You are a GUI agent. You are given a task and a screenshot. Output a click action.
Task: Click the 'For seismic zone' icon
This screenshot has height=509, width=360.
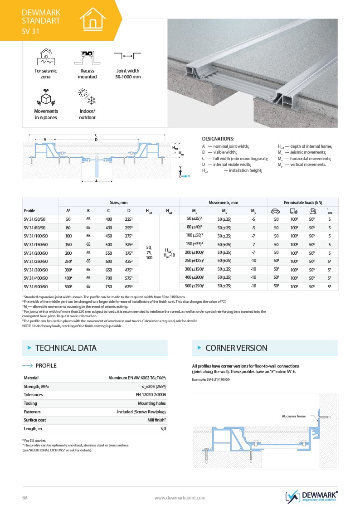[46, 57]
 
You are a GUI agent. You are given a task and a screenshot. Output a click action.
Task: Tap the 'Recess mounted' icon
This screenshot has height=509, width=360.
[87, 57]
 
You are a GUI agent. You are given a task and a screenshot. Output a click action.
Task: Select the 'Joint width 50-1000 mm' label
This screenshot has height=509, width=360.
[127, 74]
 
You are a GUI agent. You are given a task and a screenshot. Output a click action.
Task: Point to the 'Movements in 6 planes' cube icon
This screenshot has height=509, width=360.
[46, 97]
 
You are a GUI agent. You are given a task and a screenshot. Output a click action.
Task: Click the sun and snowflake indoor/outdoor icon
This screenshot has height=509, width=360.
[87, 97]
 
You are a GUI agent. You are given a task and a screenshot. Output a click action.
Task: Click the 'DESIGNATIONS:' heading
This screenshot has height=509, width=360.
[218, 139]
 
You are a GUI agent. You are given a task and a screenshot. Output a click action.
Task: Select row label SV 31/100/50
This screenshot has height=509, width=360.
[38, 236]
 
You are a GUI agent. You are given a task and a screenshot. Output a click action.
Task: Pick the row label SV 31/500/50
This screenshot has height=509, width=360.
[38, 286]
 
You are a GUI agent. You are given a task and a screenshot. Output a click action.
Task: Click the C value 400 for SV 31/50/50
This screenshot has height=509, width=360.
[109, 219]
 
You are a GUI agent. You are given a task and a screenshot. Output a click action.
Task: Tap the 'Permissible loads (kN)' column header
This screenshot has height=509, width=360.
[303, 202]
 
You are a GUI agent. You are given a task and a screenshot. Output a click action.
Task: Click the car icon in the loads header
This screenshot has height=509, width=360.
[275, 211]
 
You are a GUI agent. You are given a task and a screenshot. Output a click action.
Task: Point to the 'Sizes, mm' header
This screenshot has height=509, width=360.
[119, 202]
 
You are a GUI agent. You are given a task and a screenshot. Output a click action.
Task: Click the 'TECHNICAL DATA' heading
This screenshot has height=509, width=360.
[66, 348]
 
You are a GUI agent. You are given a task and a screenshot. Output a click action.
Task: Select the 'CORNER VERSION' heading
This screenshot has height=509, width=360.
[236, 348]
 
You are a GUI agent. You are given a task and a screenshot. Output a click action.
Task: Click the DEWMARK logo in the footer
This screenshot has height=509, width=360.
[311, 496]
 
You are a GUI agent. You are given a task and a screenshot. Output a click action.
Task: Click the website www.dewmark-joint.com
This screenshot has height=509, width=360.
[180, 498]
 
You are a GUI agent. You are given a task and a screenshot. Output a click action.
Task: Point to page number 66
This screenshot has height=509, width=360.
[25, 498]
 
